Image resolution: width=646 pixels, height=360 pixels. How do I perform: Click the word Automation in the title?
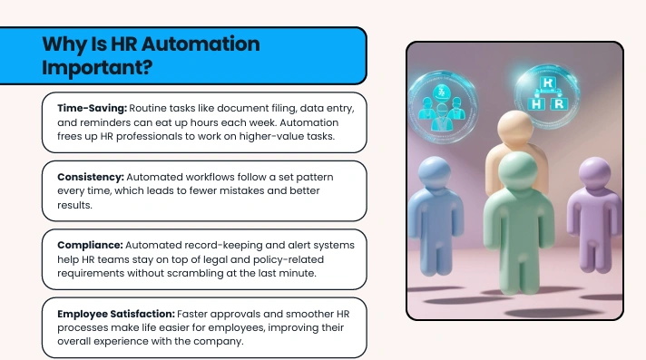click(201, 44)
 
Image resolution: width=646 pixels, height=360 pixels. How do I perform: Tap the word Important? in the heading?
click(97, 67)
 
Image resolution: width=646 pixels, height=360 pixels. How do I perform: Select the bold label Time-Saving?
click(92, 108)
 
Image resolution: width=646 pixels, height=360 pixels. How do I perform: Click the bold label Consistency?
click(91, 177)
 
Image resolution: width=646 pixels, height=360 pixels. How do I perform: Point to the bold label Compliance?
click(90, 245)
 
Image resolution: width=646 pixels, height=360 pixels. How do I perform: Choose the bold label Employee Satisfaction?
click(116, 314)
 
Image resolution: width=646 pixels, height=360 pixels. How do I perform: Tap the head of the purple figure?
click(595, 173)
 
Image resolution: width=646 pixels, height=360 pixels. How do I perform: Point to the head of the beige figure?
click(515, 128)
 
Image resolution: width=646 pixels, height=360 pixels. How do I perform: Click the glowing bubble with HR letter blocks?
click(547, 95)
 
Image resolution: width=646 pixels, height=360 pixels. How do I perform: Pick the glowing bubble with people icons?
click(443, 107)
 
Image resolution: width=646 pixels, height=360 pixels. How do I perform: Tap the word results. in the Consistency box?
click(74, 205)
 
